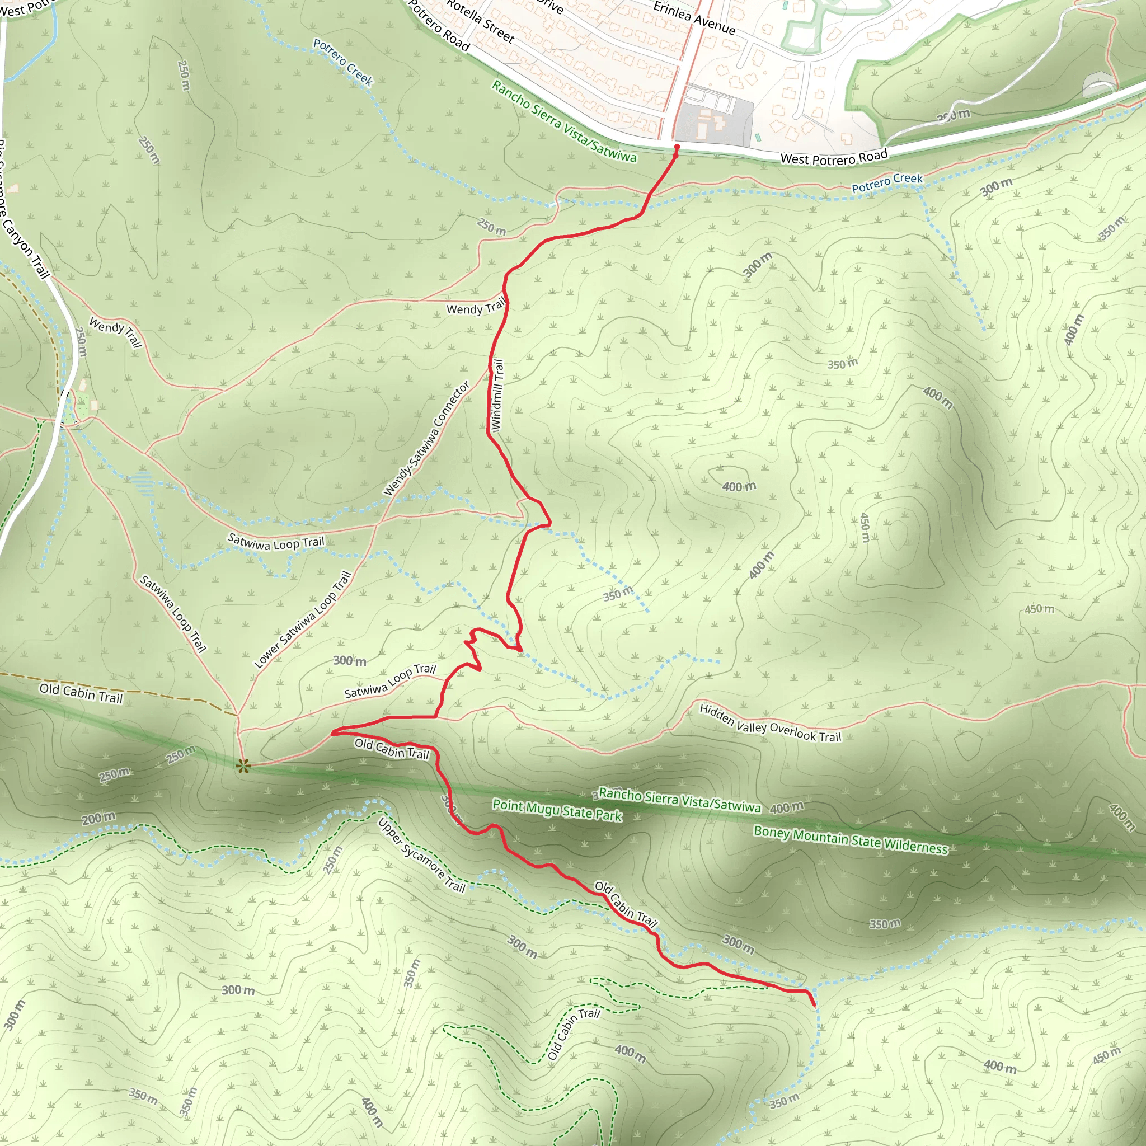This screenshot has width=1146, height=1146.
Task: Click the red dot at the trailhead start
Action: pos(677,147)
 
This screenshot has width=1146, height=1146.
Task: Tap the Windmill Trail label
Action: pos(497,396)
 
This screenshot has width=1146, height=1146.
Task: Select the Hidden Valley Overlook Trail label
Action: pos(770,723)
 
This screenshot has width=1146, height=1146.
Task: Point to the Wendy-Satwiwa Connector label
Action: pos(426,438)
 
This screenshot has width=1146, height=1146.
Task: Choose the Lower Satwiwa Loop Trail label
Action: pos(303,619)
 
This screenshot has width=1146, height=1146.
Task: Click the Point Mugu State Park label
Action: pos(557,810)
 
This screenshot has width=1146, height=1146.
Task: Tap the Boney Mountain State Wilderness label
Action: pos(851,840)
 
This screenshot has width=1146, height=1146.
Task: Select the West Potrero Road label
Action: pos(834,158)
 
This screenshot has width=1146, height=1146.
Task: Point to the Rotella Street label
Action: pos(480,21)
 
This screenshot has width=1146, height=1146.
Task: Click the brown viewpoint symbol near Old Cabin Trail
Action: pos(243,767)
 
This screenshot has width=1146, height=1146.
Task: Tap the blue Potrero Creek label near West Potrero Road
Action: pos(887,182)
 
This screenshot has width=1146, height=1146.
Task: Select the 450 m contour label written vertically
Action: pos(865,527)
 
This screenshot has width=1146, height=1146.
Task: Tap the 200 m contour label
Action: pos(98,819)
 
